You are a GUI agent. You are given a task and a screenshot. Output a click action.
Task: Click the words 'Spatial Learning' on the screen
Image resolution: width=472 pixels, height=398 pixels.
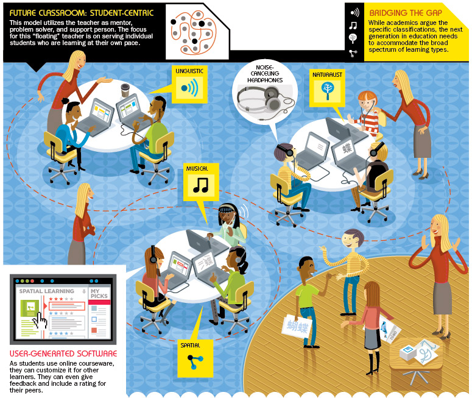pos(47,291)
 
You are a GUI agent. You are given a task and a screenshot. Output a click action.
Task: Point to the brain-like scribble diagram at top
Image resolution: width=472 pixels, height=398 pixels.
pos(193,30)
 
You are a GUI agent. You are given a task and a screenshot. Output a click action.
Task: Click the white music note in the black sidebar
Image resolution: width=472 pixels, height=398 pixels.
pos(353,26)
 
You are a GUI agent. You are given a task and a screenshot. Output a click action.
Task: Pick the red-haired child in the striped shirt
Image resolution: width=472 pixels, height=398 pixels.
pos(367,111)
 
